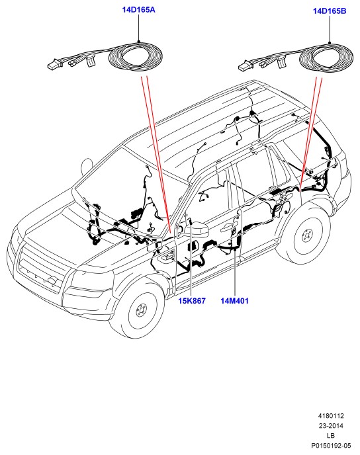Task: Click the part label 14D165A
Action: (138, 10)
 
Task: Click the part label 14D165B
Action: (330, 11)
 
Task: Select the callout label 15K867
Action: (192, 301)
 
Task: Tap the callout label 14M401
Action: (234, 301)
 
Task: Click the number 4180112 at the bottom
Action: (331, 416)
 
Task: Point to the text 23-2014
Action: (331, 426)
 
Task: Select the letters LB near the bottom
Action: (331, 436)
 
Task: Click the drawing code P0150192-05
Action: (331, 446)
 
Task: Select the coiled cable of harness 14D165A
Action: (135, 57)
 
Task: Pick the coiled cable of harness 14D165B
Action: (326, 58)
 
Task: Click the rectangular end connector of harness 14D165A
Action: (53, 65)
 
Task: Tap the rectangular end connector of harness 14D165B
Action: (244, 66)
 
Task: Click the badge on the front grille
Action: (52, 280)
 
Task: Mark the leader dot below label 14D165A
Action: (139, 42)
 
